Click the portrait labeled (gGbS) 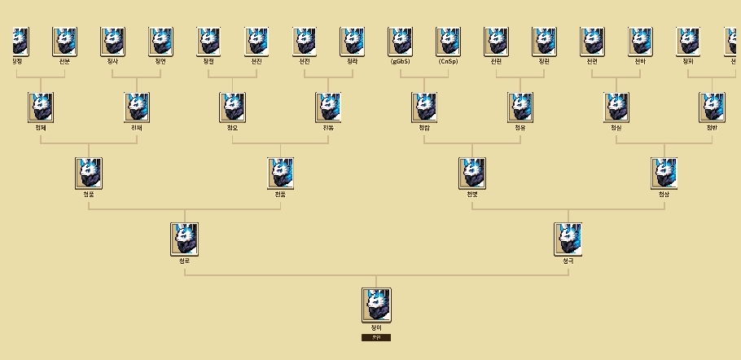click(x=401, y=41)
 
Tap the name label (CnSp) click(x=449, y=61)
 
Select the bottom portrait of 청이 click(x=376, y=304)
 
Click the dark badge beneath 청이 click(x=376, y=337)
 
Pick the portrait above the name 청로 click(x=185, y=239)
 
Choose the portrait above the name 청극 click(x=568, y=239)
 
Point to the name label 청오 click(x=232, y=127)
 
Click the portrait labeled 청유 click(x=520, y=107)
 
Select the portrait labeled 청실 click(x=616, y=107)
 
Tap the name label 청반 click(x=712, y=127)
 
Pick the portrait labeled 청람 click(x=424, y=107)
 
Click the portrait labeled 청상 click(x=664, y=173)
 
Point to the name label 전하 click(x=641, y=61)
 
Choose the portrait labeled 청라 click(x=353, y=41)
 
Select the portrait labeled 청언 click(x=160, y=41)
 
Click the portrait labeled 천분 click(x=64, y=41)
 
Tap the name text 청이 click(x=376, y=327)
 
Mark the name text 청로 click(x=185, y=261)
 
